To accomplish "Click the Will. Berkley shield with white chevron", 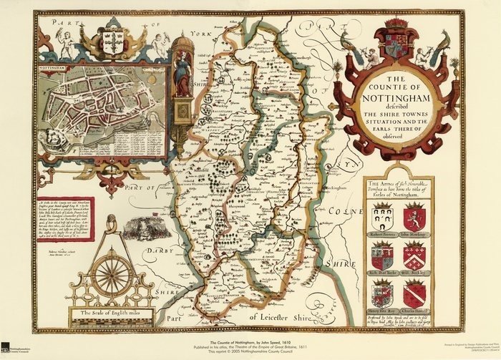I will pyautogui.click(x=414, y=256).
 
